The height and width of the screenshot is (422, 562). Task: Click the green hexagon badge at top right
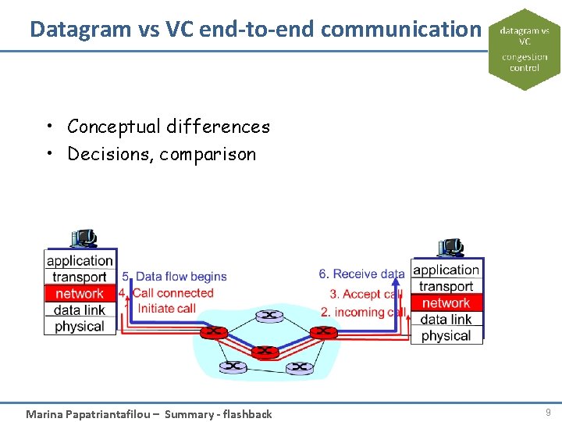tap(524, 49)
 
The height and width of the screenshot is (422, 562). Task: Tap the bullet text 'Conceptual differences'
tap(168, 127)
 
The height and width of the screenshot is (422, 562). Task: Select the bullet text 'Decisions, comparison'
tap(162, 154)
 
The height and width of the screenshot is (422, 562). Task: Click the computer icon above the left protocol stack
tap(83, 238)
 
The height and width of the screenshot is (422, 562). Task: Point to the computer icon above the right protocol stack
tap(450, 247)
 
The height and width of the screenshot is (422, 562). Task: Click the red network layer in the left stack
tap(79, 293)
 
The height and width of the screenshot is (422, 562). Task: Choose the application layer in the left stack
tap(80, 260)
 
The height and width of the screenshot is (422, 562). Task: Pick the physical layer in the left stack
tap(80, 326)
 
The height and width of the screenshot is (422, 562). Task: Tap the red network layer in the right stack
tap(446, 302)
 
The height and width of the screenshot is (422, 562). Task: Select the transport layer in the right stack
tap(446, 286)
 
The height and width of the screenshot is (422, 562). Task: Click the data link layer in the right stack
tap(446, 319)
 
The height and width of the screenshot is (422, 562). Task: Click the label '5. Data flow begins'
tap(174, 277)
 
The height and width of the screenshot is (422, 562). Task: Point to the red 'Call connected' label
tap(172, 293)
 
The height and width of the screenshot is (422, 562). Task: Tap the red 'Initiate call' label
tap(166, 309)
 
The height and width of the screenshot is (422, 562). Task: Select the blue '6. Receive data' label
tap(361, 274)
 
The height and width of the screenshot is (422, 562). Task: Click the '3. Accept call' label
tap(365, 295)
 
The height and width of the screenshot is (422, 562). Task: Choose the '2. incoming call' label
tap(363, 312)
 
